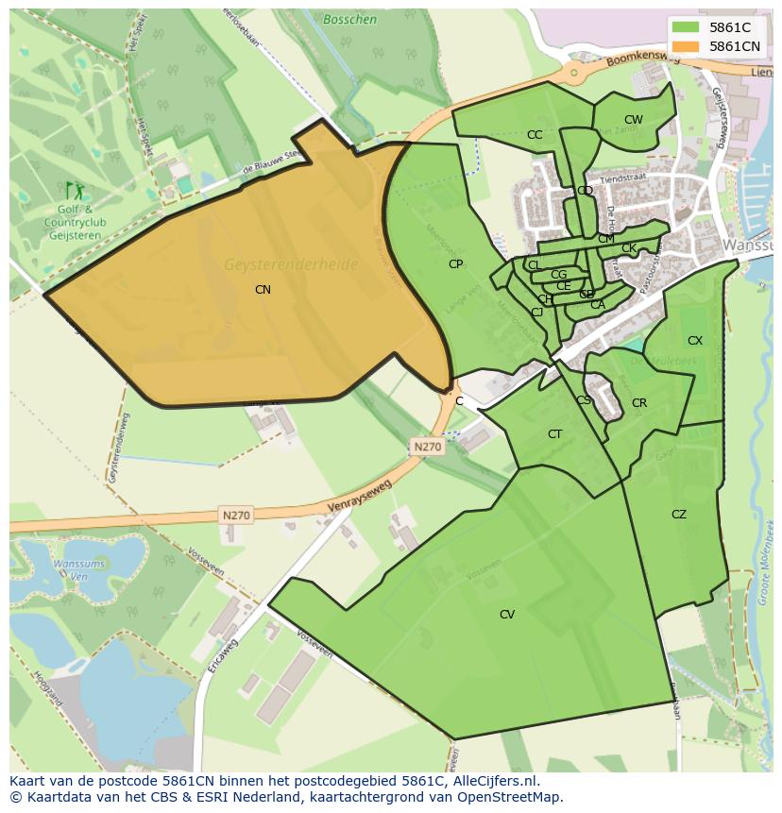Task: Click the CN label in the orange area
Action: [263, 290]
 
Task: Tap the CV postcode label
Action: [507, 615]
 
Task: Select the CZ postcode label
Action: [679, 515]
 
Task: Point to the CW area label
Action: [633, 120]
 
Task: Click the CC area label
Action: [535, 135]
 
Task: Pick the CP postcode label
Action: [455, 264]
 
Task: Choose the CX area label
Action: [695, 341]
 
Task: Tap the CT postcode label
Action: [554, 434]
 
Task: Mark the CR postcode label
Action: [639, 403]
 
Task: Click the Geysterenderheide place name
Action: [291, 265]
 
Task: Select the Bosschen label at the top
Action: [349, 19]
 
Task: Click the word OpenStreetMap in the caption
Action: [505, 797]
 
